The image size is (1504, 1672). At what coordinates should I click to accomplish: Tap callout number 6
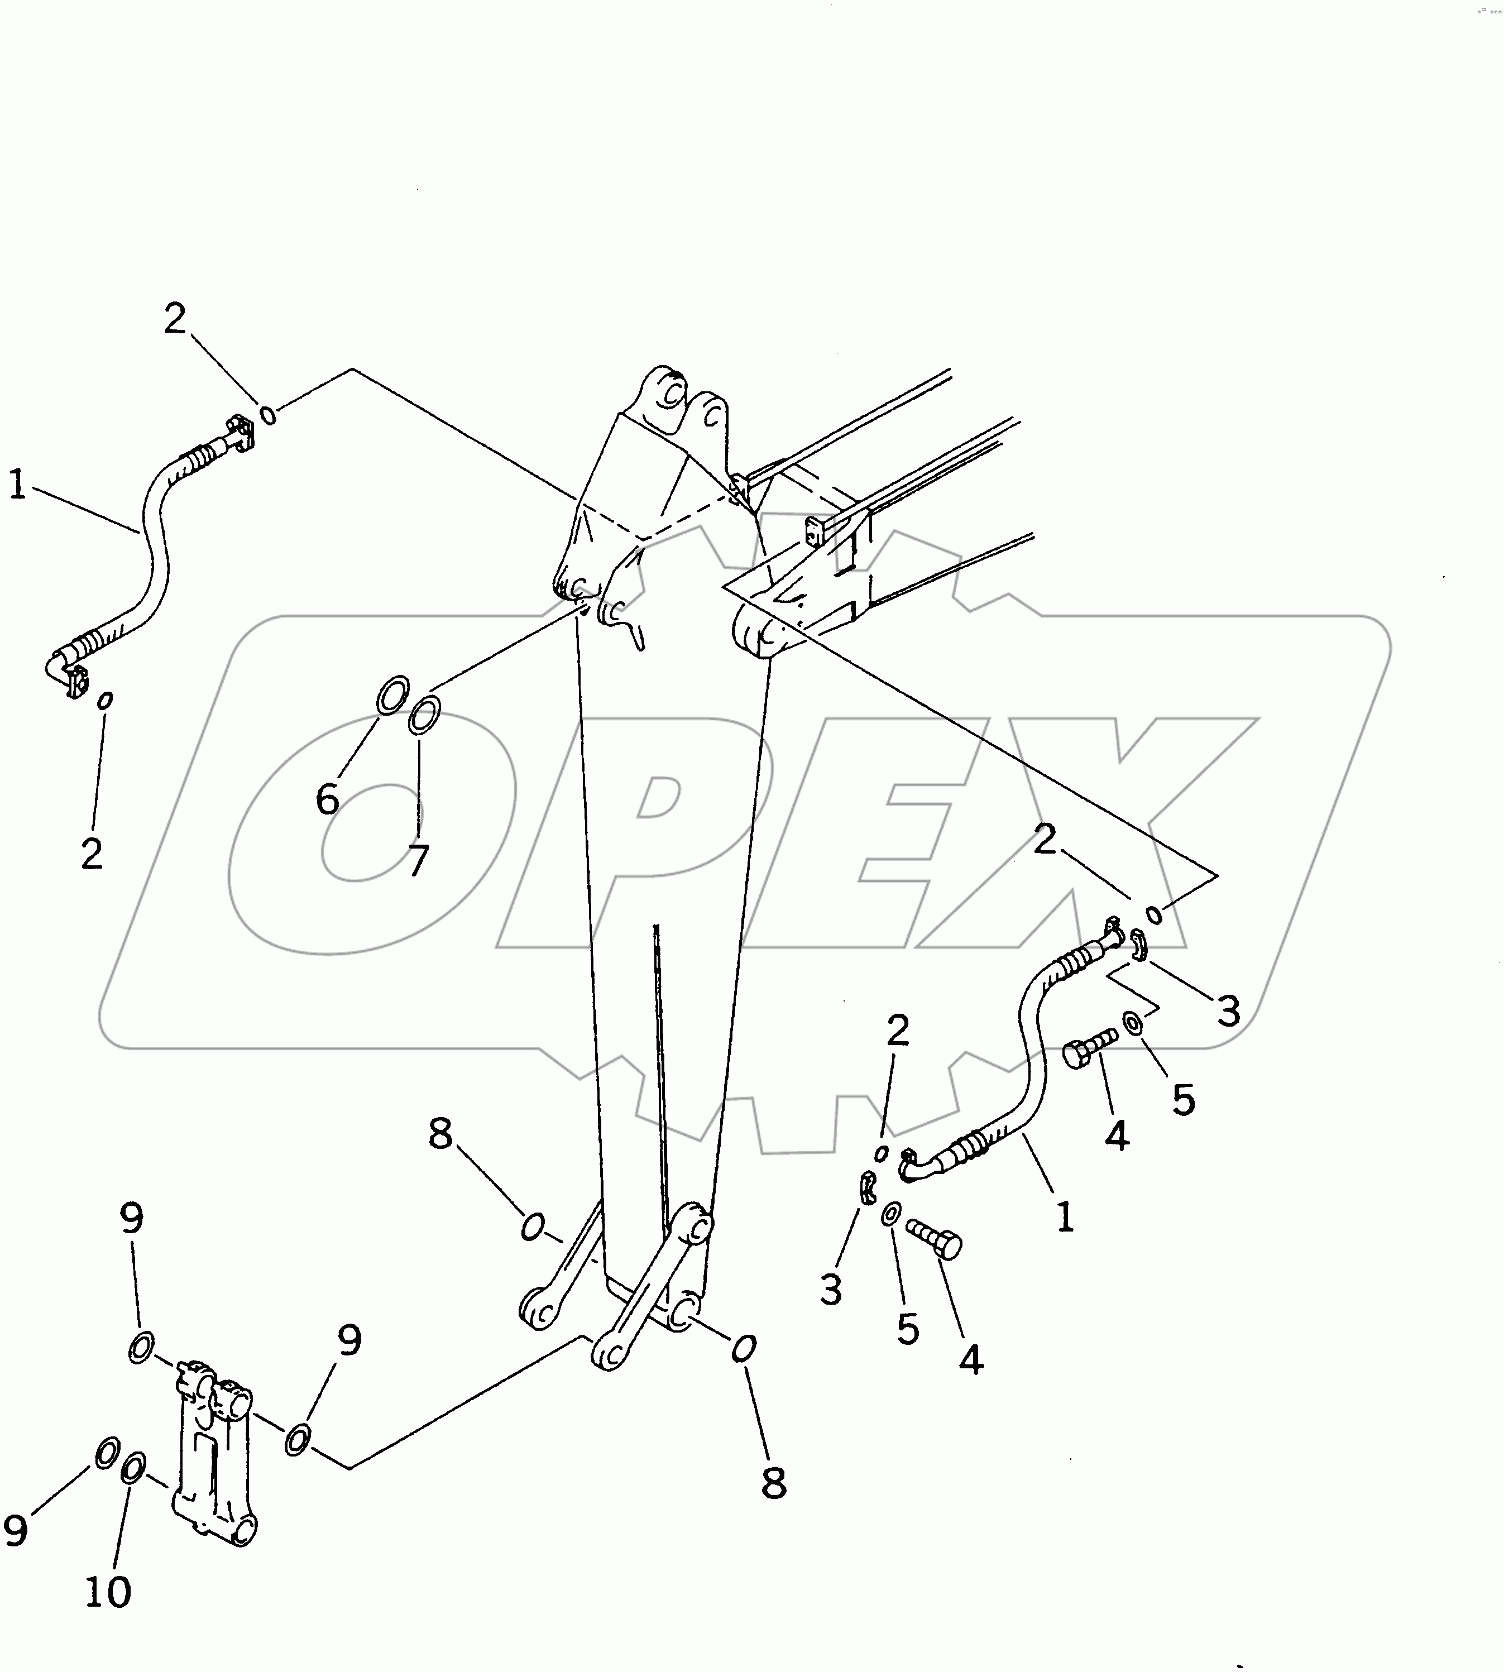(327, 799)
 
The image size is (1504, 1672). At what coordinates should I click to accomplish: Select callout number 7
(419, 860)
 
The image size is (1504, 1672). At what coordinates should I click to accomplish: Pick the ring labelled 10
(134, 1469)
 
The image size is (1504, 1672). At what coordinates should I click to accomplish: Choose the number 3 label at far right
(1229, 1011)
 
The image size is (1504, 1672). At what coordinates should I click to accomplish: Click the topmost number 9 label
(132, 1218)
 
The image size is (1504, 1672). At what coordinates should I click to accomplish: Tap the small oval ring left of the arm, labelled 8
(532, 1228)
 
